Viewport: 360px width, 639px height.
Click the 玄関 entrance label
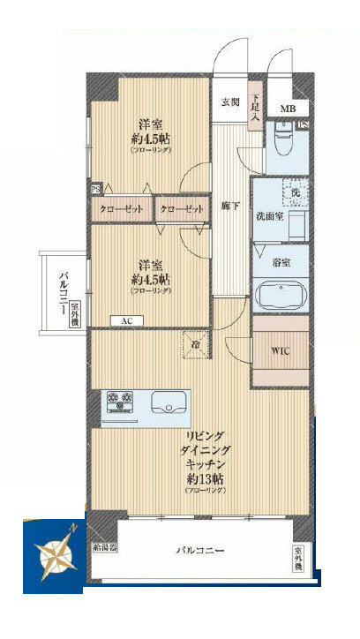pyautogui.click(x=229, y=101)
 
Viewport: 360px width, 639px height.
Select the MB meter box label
pyautogui.click(x=289, y=109)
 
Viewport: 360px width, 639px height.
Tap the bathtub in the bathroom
pyautogui.click(x=280, y=294)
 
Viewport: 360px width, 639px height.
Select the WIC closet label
pyautogui.click(x=280, y=351)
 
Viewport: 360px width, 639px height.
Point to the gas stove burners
pyautogui.click(x=122, y=402)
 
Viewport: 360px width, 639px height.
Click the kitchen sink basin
pyautogui.click(x=168, y=403)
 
